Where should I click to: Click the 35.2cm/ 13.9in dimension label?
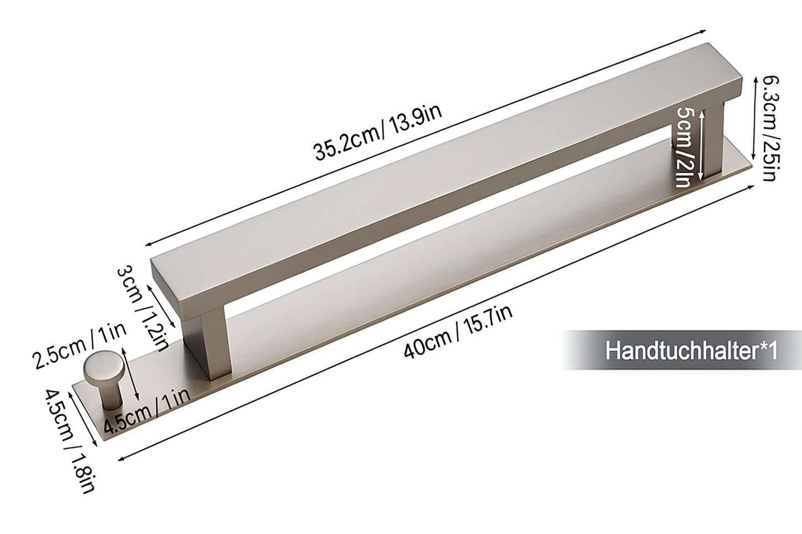(x=378, y=134)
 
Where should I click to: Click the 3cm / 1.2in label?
(x=142, y=308)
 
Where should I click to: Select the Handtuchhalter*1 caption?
(x=692, y=350)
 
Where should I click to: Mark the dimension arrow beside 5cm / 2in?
(x=702, y=144)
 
